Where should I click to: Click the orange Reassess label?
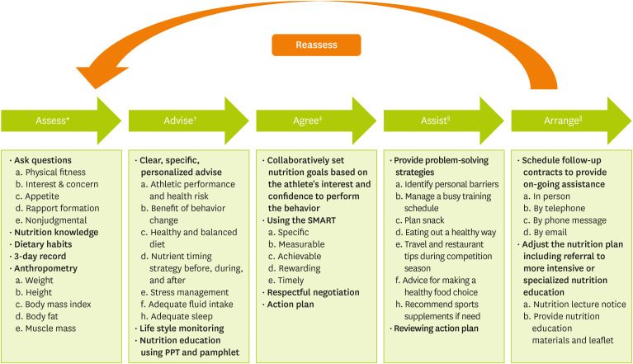pos(316,45)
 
